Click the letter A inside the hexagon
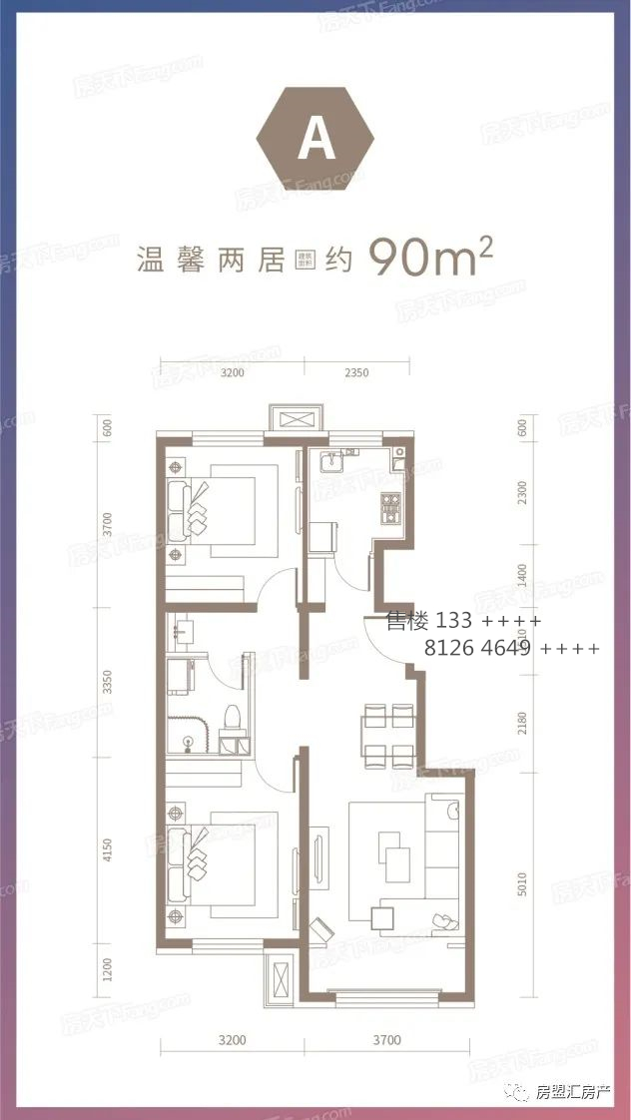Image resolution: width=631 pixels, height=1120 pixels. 315,141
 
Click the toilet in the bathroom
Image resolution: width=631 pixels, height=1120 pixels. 232,718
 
